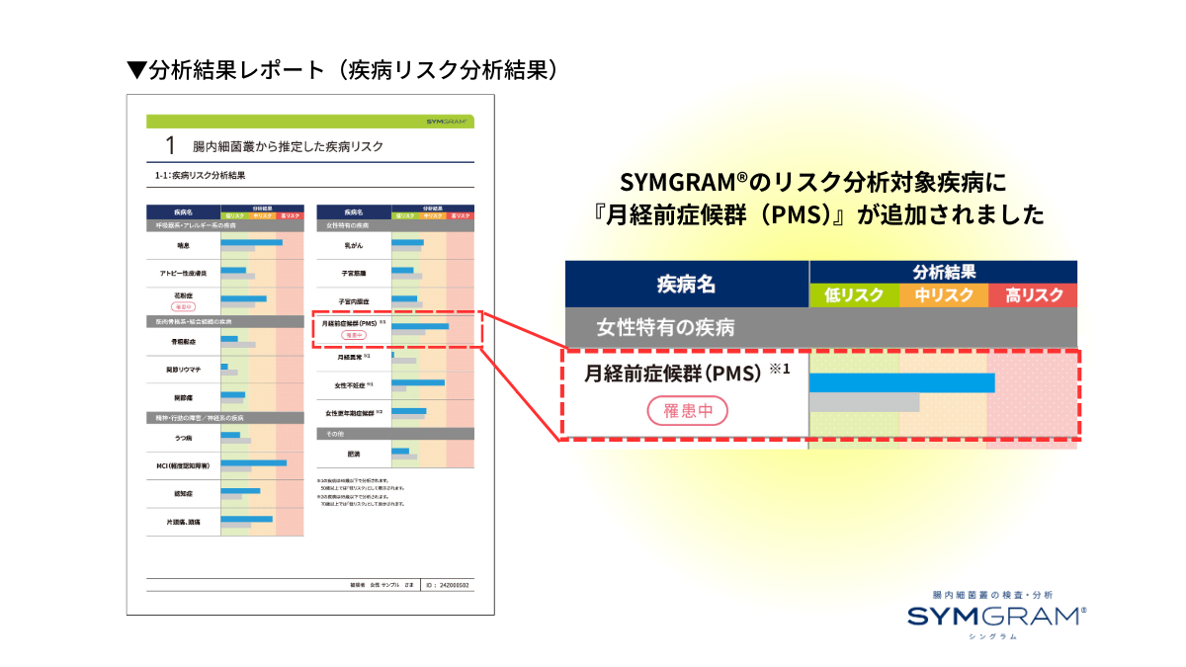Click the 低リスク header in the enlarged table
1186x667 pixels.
pyautogui.click(x=854, y=295)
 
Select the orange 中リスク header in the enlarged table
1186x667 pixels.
pyautogui.click(x=943, y=295)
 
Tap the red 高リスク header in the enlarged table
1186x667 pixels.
pyautogui.click(x=1033, y=295)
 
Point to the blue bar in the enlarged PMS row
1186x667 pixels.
pyautogui.click(x=901, y=383)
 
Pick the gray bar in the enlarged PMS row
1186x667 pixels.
pyautogui.click(x=864, y=402)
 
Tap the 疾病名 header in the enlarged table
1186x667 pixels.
pyautogui.click(x=686, y=285)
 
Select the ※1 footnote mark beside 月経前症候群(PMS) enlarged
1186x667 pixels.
pyautogui.click(x=780, y=370)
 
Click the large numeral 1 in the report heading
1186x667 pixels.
pyautogui.click(x=170, y=146)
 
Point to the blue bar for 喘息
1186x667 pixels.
pyautogui.click(x=251, y=242)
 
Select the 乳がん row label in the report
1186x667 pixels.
pyautogui.click(x=353, y=243)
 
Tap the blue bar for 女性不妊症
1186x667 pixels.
pyautogui.click(x=418, y=381)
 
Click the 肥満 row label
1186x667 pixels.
pyautogui.click(x=353, y=455)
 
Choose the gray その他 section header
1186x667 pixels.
pyautogui.click(x=395, y=434)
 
